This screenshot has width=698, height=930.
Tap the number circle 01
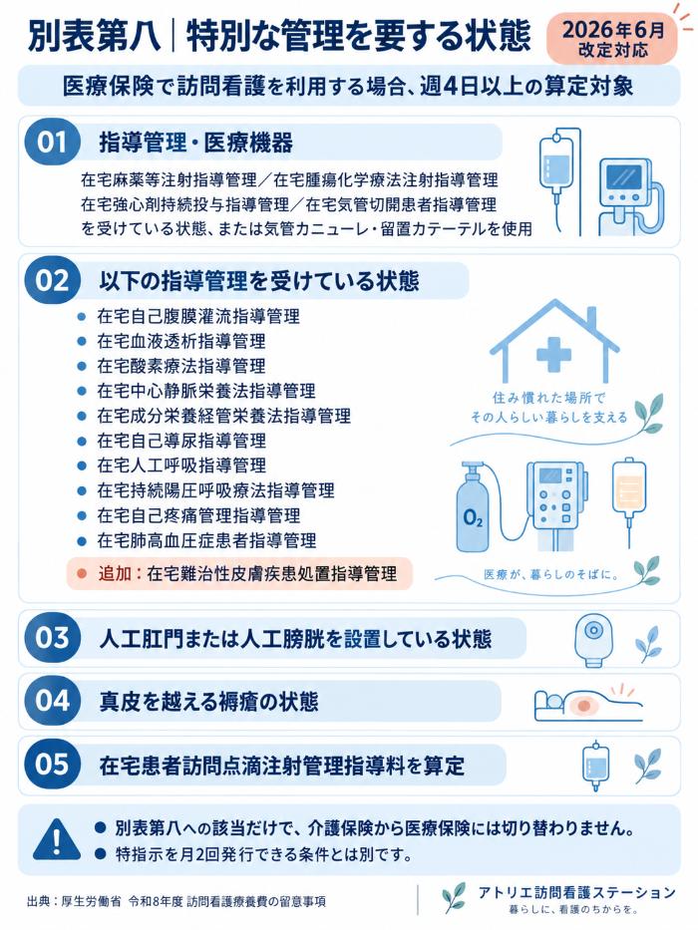[x=52, y=143]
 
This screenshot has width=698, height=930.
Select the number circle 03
[x=52, y=638]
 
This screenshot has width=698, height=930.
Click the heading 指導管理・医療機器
[x=195, y=143]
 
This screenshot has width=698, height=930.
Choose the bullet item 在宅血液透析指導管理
[x=181, y=341]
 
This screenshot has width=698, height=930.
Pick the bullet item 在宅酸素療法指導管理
[x=181, y=366]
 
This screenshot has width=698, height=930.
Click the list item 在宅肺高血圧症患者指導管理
[x=206, y=540]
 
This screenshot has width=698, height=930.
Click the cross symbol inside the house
[x=553, y=354]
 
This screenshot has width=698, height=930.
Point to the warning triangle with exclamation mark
[x=57, y=838]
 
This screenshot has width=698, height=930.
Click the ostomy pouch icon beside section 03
[x=591, y=641]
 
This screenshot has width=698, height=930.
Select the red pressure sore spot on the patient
[x=583, y=706]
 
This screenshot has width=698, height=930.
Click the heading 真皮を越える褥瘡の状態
[x=208, y=702]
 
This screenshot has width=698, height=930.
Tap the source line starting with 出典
[x=176, y=901]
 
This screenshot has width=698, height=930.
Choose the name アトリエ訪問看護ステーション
[x=577, y=892]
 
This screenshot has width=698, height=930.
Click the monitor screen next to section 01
[x=622, y=177]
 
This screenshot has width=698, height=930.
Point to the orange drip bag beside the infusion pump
[x=629, y=485]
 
